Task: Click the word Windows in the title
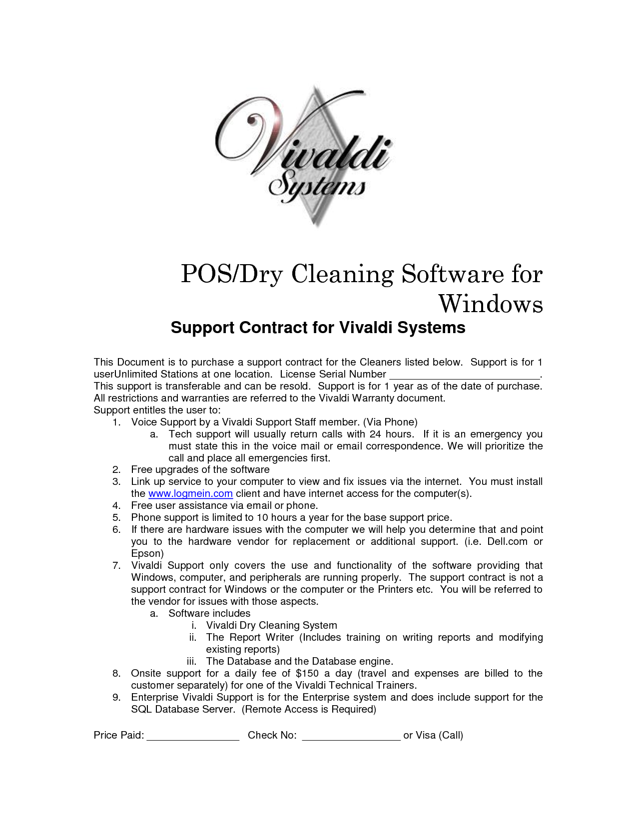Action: [490, 304]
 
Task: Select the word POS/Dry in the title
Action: [232, 274]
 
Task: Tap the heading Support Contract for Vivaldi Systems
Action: [318, 328]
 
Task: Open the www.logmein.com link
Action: [190, 493]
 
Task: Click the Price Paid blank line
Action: [193, 737]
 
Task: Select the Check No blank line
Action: [351, 737]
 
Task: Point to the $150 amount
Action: [307, 673]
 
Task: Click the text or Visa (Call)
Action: [433, 735]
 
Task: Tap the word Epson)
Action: [147, 553]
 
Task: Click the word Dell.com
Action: [507, 541]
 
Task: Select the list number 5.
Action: [116, 517]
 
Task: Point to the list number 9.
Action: [116, 697]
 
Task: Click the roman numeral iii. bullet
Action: [191, 661]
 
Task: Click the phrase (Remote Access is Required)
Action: [309, 709]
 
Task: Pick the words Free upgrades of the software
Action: [200, 469]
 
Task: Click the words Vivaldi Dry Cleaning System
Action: [271, 625]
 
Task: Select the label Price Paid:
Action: [119, 735]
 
